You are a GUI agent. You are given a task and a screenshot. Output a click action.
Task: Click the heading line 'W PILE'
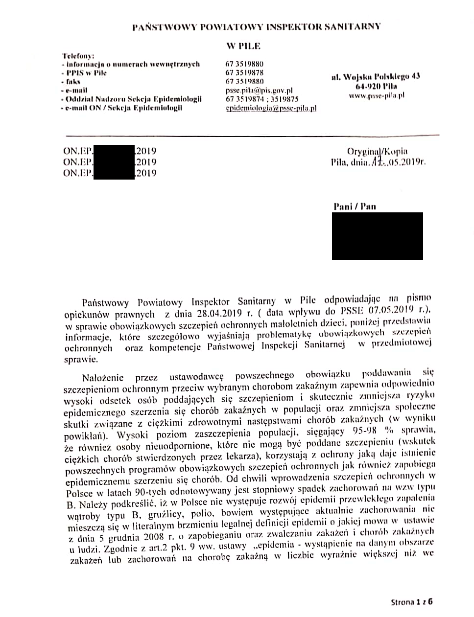point(243,46)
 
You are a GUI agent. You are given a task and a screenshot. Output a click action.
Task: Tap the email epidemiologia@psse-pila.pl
point(271,108)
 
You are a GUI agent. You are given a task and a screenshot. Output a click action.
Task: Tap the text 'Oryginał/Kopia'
point(377,151)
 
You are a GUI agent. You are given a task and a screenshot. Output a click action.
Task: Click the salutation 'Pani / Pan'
point(355,206)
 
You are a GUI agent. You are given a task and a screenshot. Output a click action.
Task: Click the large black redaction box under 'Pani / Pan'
point(377,236)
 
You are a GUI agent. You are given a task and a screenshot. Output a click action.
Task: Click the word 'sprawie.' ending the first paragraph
point(80,359)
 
